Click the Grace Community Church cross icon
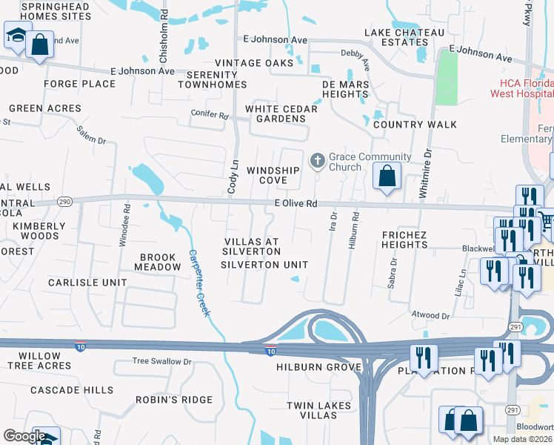click(317, 160)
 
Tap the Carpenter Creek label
click(198, 283)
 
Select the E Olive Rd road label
click(296, 203)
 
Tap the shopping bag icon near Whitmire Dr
click(387, 177)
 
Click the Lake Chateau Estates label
click(404, 37)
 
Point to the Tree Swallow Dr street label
click(161, 361)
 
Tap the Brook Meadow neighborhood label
click(156, 262)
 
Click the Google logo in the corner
click(24, 436)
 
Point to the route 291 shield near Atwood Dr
click(515, 327)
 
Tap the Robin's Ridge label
click(174, 400)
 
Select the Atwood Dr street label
click(430, 316)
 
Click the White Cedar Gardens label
click(281, 109)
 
